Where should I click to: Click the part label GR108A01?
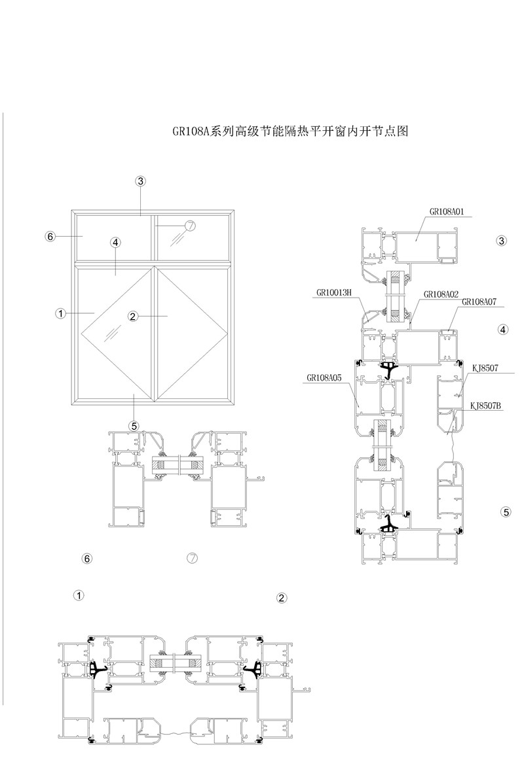447,211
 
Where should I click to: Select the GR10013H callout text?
333,292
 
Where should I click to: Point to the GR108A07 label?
479,302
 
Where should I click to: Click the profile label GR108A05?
324,377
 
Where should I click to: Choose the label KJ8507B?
485,406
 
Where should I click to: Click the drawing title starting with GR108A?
291,131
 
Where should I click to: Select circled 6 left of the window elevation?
49,236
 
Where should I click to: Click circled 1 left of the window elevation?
60,314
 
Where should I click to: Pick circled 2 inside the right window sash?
132,317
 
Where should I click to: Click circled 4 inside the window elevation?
115,243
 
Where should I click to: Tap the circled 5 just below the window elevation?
134,426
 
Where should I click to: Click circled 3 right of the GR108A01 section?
502,241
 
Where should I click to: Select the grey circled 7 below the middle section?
192,558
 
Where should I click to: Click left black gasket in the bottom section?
99,670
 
